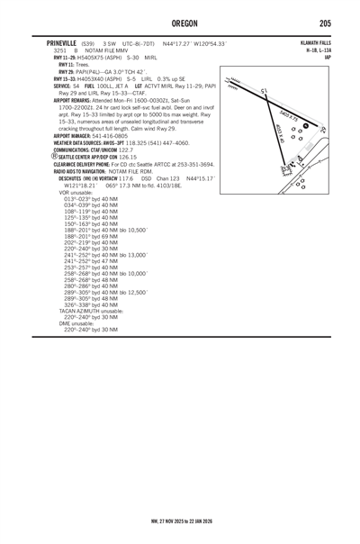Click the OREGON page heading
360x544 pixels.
pyautogui.click(x=180, y=22)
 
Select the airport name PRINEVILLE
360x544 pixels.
pyautogui.click(x=55, y=41)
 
